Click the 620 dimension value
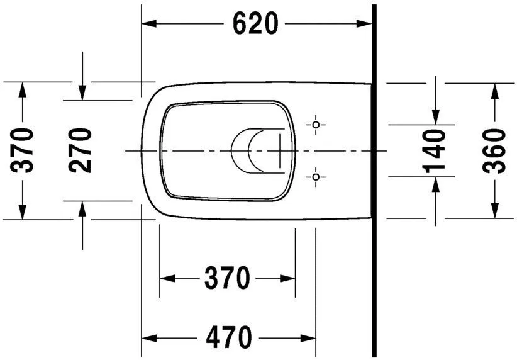255,23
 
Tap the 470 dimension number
229,337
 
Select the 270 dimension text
80,150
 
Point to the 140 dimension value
434,152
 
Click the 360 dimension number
494,151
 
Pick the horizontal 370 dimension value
227,278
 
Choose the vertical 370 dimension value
22,150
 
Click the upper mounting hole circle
316,125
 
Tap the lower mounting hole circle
316,177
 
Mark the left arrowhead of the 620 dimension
148,24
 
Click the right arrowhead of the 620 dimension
364,24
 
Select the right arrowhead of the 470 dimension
309,338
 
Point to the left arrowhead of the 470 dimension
148,338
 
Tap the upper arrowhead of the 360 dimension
494,91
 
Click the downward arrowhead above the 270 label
82,93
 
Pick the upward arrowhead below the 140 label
436,184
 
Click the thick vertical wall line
374,181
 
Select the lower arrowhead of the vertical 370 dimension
22,212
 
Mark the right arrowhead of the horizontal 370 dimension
288,278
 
